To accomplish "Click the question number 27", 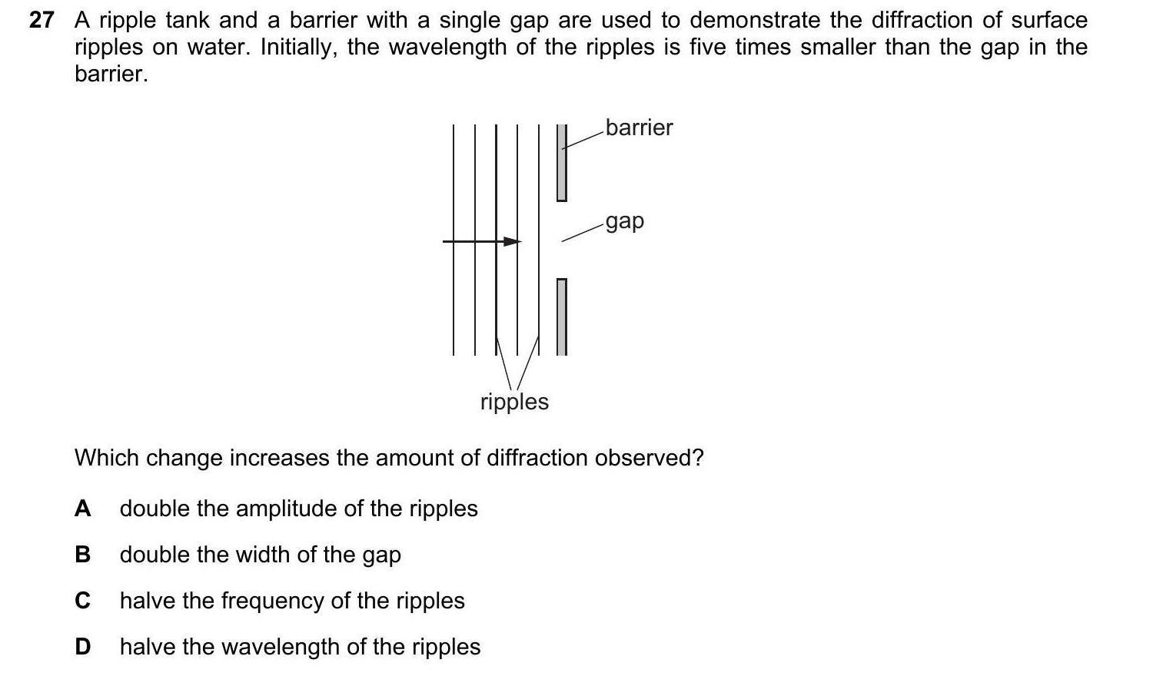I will (x=42, y=21).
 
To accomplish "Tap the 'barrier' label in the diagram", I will (x=639, y=128).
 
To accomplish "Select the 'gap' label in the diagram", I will (x=624, y=221).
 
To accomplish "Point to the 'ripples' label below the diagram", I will (x=514, y=402).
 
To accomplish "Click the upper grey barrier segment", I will (x=562, y=163).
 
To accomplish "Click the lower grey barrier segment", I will (x=562, y=316).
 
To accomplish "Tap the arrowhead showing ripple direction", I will (x=512, y=241).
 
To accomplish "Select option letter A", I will (x=83, y=509).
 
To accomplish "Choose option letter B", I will (x=83, y=555).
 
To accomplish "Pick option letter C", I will (x=83, y=601).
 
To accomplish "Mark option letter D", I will (x=83, y=647).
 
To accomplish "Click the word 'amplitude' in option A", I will (x=294, y=509).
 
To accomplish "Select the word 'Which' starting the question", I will (x=107, y=458).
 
